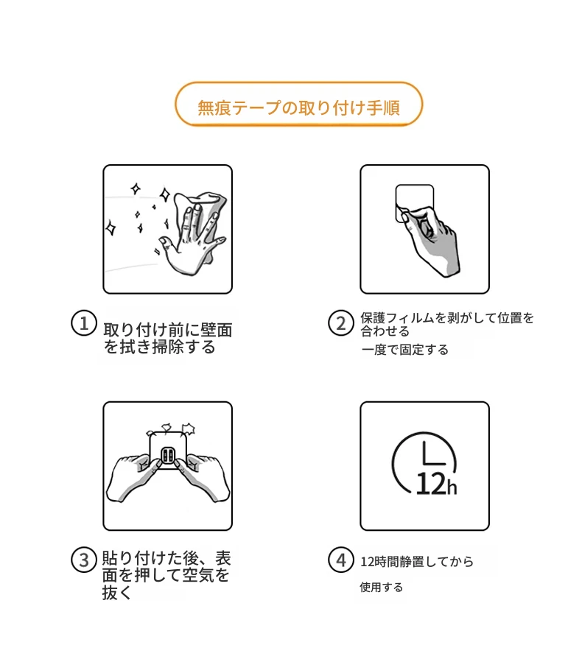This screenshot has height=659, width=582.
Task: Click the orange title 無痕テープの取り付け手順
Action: [298, 108]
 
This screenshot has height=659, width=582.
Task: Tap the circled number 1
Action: [84, 323]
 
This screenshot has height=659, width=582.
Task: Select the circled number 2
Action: [340, 323]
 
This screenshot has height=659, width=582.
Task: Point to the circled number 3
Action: [84, 560]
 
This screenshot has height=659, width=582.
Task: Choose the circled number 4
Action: [340, 560]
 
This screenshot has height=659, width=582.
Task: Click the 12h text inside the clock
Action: [436, 484]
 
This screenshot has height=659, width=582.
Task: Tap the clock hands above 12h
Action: [433, 454]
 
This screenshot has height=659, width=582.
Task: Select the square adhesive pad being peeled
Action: [414, 202]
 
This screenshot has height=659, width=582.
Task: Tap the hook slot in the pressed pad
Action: [168, 456]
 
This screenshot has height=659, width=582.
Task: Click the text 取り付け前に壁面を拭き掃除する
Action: [167, 338]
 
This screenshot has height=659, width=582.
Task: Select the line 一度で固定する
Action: [404, 350]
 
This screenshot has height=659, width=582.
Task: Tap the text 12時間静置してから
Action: [416, 562]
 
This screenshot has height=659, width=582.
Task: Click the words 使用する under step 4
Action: [381, 587]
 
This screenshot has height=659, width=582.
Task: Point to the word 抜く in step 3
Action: [116, 593]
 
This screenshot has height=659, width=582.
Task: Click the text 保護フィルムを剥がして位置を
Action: [447, 318]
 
